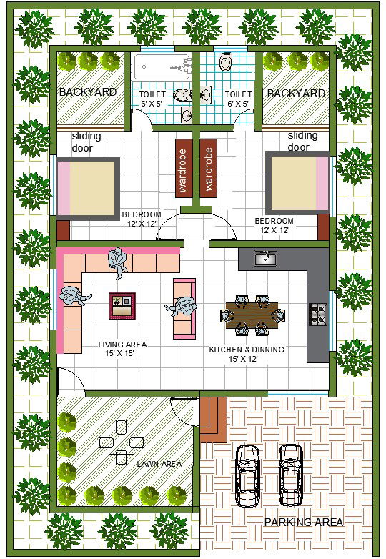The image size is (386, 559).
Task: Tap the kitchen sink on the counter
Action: pos(266,258)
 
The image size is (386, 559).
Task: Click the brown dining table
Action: pos(252,314)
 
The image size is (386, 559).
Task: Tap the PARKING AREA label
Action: pos(304,523)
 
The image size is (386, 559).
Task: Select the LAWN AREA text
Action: pos(159,464)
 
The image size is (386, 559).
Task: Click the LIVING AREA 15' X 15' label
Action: pos(122,349)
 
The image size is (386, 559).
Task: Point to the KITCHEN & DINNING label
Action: pos(247,354)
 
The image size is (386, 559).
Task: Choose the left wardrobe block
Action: pos(183,168)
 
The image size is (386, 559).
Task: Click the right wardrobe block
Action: pos(208,168)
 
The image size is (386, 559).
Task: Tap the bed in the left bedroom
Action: pos(87,188)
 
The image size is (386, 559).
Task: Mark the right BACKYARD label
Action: pos(296,93)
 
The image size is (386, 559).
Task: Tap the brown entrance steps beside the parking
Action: pos(212,419)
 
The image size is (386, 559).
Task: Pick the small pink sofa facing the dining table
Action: pos(184,308)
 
